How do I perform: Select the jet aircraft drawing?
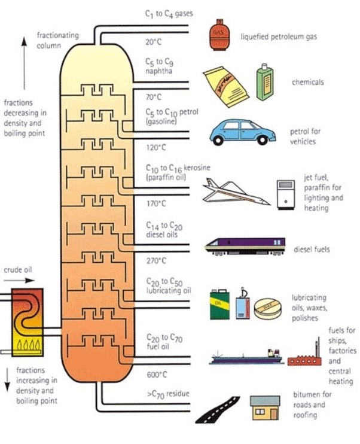click(x=233, y=193)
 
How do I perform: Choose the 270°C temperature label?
click(x=156, y=261)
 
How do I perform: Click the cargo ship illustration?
click(x=245, y=358)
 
